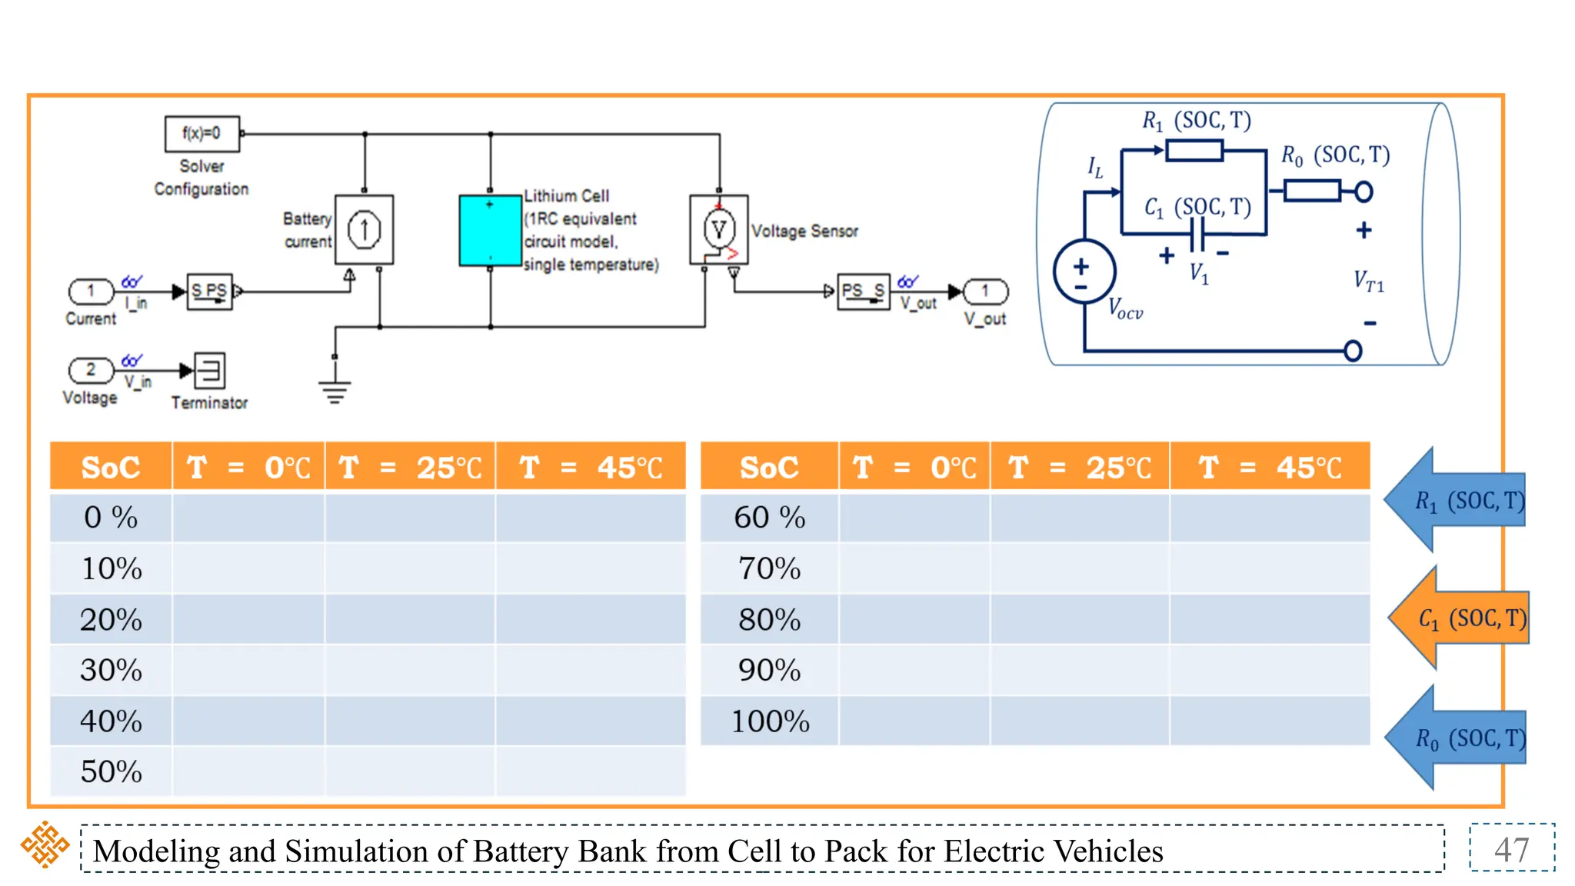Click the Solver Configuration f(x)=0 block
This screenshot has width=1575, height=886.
(202, 134)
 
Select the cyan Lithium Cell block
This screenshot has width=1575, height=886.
(490, 231)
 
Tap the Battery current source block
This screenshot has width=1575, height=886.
(364, 230)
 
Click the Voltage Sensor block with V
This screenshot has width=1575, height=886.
(718, 229)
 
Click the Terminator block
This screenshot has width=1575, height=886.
(209, 371)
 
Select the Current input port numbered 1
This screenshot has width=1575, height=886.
(91, 291)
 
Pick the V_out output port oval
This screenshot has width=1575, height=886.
(985, 291)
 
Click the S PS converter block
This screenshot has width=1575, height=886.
(209, 291)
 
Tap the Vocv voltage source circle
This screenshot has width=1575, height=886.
(1084, 271)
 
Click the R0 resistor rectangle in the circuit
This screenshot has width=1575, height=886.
(1312, 190)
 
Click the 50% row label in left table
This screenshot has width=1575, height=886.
(112, 771)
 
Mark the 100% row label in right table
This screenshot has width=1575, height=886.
(770, 721)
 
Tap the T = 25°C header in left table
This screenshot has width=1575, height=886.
(411, 467)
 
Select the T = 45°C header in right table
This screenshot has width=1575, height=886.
(1270, 467)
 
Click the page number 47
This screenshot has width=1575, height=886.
(1511, 849)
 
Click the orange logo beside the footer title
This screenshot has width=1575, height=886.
(45, 844)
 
